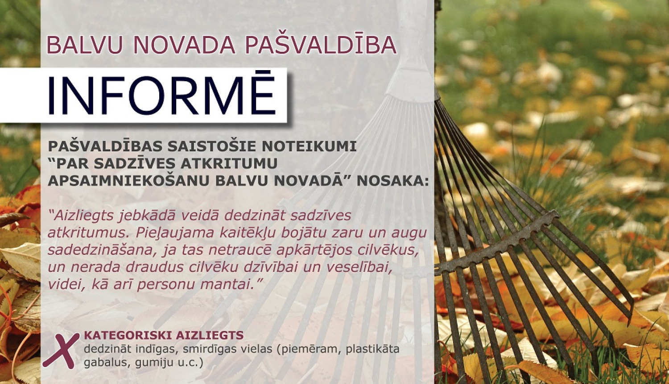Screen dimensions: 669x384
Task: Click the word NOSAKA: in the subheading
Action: (x=393, y=181)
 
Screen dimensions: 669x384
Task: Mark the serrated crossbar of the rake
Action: (x=497, y=242)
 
